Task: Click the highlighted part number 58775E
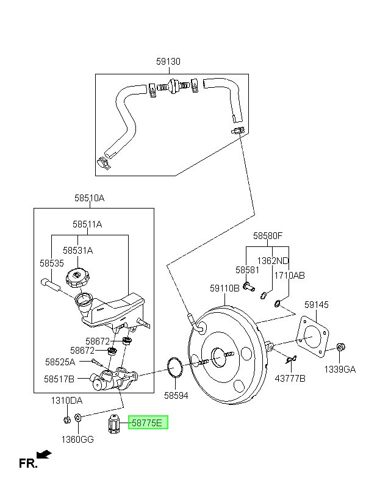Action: (x=147, y=423)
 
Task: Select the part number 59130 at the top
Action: (x=168, y=61)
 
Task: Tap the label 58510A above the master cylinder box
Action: (x=89, y=198)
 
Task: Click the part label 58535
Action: (x=52, y=263)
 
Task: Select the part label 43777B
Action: (x=290, y=379)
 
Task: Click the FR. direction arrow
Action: (x=44, y=454)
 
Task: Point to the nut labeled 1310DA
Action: (x=66, y=420)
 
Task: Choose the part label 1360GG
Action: (x=77, y=440)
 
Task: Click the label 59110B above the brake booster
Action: (x=224, y=288)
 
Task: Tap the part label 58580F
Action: (x=268, y=235)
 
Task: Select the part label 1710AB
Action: (x=289, y=275)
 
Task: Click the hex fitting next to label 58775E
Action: (x=114, y=424)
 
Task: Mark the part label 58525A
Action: (x=60, y=362)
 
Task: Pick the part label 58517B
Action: (x=59, y=379)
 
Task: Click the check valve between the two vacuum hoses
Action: (x=173, y=86)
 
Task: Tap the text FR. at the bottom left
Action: (x=28, y=463)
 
